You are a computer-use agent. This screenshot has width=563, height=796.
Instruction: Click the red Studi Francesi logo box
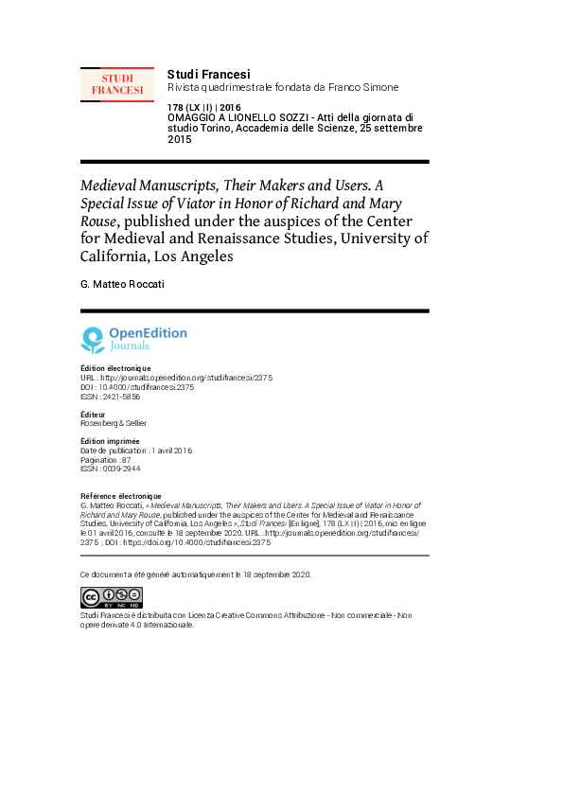117,84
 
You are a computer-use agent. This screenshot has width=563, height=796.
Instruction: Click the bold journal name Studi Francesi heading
208,74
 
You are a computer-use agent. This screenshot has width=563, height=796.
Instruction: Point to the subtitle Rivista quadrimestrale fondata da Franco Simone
282,87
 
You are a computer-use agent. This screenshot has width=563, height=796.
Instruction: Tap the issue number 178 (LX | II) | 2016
203,108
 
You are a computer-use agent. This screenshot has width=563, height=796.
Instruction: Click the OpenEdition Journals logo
133,339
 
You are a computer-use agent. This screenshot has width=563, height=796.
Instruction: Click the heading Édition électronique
115,368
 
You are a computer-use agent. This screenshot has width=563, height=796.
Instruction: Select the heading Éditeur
95,415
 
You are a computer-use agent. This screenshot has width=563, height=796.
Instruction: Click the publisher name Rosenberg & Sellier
114,423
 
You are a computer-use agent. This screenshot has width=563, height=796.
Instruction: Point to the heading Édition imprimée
110,441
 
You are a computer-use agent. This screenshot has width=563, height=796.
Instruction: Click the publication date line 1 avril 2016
136,451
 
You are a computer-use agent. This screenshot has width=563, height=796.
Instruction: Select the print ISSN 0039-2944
111,469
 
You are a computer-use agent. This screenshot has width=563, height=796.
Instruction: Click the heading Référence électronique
121,496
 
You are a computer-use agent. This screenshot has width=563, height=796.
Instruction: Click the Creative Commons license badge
112,597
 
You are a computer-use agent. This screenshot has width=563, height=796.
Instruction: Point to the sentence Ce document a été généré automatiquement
196,575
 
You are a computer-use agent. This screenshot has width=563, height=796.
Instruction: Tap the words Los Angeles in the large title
193,256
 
